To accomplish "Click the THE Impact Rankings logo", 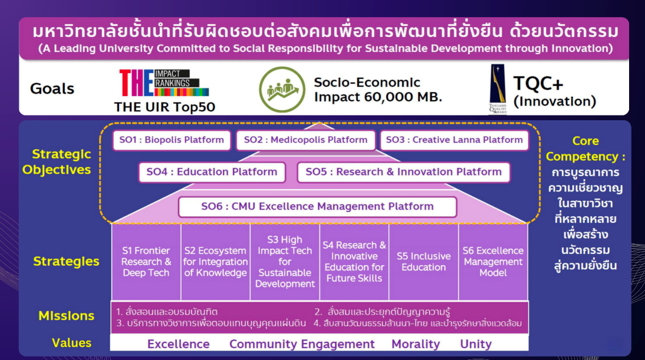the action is (x=164, y=82).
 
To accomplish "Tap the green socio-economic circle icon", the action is (x=282, y=89).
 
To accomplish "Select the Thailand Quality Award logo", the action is (x=498, y=89).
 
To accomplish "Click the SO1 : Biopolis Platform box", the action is (x=172, y=140).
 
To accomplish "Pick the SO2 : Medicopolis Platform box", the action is (x=305, y=140).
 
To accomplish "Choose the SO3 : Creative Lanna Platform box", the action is (x=454, y=140).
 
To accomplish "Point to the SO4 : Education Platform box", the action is (x=212, y=172).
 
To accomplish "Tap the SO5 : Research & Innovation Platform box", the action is (x=403, y=172).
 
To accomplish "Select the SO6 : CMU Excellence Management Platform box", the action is (x=318, y=207).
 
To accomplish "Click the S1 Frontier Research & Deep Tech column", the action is (x=146, y=262).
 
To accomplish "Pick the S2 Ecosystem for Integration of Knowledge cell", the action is (x=216, y=262).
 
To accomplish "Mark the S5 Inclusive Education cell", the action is (x=424, y=262).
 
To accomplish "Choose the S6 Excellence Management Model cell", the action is (x=493, y=262).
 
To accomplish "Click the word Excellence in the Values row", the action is (x=179, y=344).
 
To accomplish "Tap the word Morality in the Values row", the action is (x=416, y=344).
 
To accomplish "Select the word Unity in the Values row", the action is (x=476, y=344).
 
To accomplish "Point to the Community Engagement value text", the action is (x=302, y=344).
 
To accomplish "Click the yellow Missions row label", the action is (x=66, y=316).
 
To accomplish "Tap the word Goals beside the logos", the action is (x=52, y=89).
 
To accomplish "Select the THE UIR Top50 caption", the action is (x=164, y=107).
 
